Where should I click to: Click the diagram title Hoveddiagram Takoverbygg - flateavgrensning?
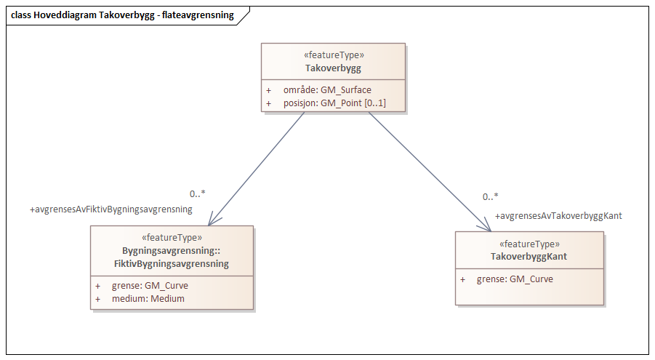[124, 15]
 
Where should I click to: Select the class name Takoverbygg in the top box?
[333, 68]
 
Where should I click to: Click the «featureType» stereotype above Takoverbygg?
[333, 55]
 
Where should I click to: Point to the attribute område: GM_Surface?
[327, 90]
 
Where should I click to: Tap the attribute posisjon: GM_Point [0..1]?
[334, 103]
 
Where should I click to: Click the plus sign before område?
[268, 90]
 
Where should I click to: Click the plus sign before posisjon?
[268, 103]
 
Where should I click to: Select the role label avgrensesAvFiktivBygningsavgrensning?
[110, 209]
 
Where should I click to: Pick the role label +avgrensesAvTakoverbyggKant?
[558, 216]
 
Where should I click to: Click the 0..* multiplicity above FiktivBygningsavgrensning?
[197, 194]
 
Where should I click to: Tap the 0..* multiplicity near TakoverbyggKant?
[491, 197]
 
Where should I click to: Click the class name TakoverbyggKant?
[529, 257]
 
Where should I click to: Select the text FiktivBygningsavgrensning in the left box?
[172, 264]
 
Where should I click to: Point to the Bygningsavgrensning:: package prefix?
[172, 251]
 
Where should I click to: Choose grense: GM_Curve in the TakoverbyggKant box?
[515, 279]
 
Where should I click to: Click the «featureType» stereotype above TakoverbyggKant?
[529, 244]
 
